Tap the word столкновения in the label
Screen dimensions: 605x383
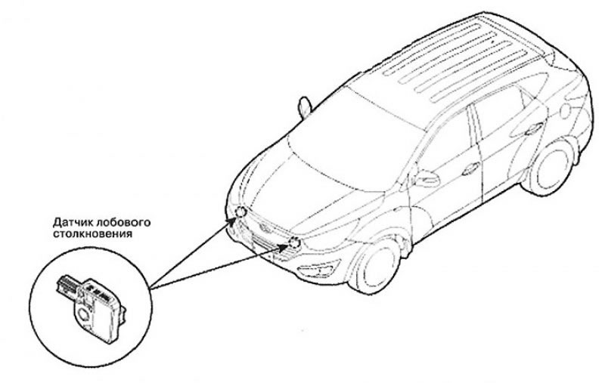[92, 233]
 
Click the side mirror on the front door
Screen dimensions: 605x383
[427, 179]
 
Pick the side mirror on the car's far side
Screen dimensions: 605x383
[305, 107]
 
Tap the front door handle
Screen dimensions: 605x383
[470, 168]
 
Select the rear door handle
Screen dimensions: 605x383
[535, 128]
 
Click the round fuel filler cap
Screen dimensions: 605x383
[565, 110]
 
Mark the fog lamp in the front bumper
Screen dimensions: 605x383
[319, 269]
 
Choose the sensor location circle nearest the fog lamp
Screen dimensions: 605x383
[294, 242]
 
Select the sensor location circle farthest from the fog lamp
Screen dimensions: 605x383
[240, 212]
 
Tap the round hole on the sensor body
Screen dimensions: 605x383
[83, 314]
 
